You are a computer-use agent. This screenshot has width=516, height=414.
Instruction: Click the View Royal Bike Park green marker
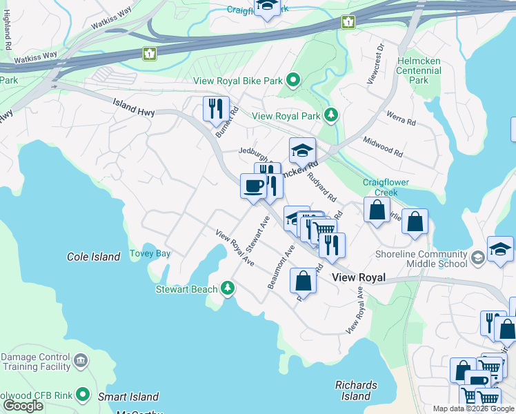(293, 81)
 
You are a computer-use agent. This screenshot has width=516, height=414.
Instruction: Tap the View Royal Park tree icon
(332, 115)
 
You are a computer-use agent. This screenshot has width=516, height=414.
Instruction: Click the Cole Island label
(93, 257)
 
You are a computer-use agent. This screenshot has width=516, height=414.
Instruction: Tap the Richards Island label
(356, 391)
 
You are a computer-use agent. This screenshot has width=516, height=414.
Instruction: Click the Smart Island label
(128, 397)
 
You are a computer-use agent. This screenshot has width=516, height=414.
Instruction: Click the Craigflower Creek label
(386, 187)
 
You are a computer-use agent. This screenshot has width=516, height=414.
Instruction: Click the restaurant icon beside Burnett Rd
(216, 108)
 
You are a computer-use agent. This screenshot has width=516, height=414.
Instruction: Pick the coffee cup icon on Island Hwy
(253, 186)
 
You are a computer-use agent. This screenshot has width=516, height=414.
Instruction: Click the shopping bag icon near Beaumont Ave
(303, 281)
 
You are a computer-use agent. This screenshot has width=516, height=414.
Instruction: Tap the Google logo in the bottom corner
(22, 406)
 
